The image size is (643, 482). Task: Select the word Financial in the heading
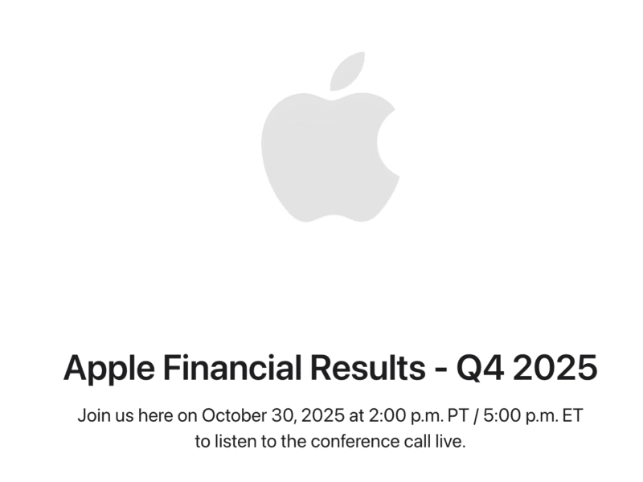tap(231, 368)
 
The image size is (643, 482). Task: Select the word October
tap(230, 416)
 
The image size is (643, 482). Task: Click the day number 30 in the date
tap(275, 416)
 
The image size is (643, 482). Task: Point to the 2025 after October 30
tap(309, 416)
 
